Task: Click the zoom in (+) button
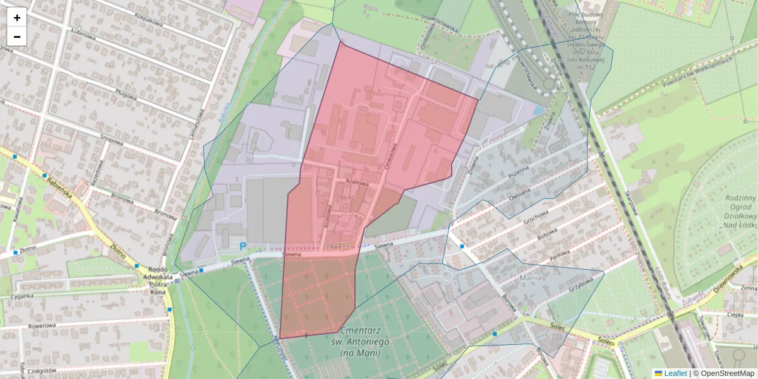tap(17, 18)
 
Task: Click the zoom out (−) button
tap(17, 37)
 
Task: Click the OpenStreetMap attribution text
tap(727, 373)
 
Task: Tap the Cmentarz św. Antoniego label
tap(364, 341)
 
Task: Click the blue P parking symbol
tap(242, 246)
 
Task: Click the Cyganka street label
tap(21, 294)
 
